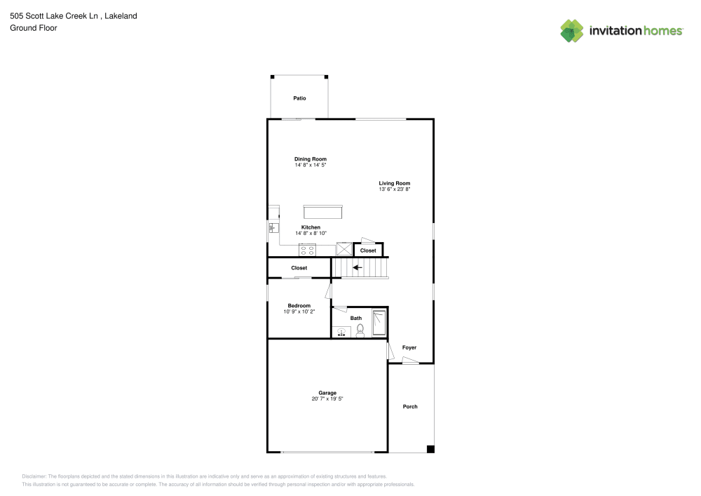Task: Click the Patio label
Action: pos(299,98)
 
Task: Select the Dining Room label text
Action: pos(311,159)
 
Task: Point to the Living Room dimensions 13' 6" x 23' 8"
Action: pos(394,189)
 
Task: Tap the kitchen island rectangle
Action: pos(322,212)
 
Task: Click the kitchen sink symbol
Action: pos(273,228)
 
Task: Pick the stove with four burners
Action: pos(307,249)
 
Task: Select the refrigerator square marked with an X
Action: pos(343,249)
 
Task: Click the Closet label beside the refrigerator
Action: pos(368,250)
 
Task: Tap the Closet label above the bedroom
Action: pos(299,268)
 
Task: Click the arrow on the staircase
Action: pos(357,267)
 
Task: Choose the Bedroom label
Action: pos(299,305)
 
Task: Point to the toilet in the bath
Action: pos(360,330)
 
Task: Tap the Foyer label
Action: pos(409,347)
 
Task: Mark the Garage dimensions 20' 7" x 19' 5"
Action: pos(327,398)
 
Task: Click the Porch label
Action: pos(410,406)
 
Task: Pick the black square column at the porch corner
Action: pos(430,449)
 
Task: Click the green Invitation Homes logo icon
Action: pos(572,30)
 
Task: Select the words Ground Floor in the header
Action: pos(34,28)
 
